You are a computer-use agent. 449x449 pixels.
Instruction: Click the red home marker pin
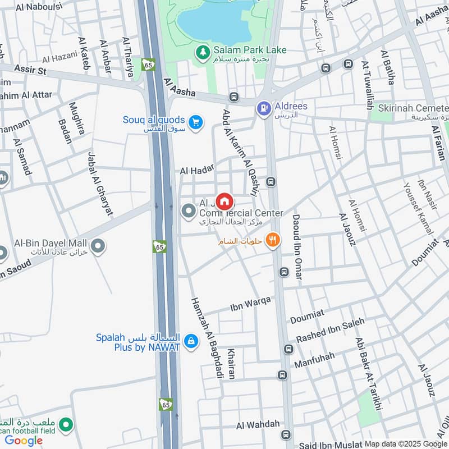[224, 200]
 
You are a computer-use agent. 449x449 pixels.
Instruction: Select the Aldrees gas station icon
[263, 108]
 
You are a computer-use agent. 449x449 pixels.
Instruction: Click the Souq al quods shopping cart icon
[195, 122]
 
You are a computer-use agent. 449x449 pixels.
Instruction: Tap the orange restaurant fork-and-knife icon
[272, 241]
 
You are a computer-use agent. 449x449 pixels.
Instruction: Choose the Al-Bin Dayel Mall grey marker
[98, 246]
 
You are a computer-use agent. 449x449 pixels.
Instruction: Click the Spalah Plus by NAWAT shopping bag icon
[191, 341]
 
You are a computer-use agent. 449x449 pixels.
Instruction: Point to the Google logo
[24, 441]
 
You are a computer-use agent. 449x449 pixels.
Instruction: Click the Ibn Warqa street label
[250, 305]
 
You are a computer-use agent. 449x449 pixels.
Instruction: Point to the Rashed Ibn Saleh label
[330, 331]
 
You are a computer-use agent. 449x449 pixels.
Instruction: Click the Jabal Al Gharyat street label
[100, 184]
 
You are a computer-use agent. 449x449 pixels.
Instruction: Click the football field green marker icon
[66, 425]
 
